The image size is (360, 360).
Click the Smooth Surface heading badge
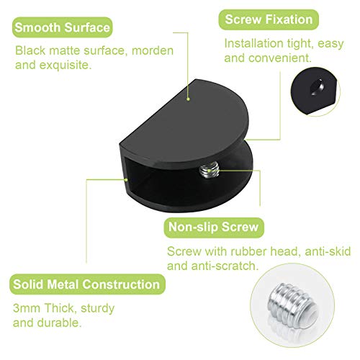click(x=62, y=27)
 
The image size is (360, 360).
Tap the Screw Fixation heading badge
click(x=269, y=19)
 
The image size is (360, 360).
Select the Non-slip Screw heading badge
click(x=214, y=228)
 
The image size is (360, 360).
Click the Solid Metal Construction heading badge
click(x=87, y=284)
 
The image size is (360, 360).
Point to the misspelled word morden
click(x=153, y=51)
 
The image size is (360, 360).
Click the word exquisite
click(x=66, y=66)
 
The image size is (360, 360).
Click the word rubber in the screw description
click(x=248, y=251)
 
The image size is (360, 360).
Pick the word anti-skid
click(x=328, y=251)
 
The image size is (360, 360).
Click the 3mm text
click(x=27, y=308)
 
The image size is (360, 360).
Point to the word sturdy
click(x=97, y=309)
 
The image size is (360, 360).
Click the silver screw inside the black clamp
click(x=210, y=170)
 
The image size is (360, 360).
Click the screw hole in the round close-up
click(x=318, y=87)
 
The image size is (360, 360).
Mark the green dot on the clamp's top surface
click(x=189, y=99)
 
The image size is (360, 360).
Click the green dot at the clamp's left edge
click(x=126, y=179)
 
